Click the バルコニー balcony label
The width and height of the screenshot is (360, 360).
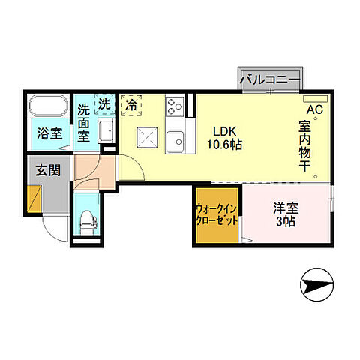[270, 78]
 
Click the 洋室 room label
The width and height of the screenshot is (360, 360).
[285, 208]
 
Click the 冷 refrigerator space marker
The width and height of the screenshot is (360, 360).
[131, 106]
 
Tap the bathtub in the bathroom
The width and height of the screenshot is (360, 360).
[50, 106]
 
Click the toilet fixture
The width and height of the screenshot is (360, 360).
[88, 220]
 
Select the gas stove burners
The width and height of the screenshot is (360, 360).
[175, 108]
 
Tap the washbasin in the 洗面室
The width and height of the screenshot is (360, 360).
[106, 130]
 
